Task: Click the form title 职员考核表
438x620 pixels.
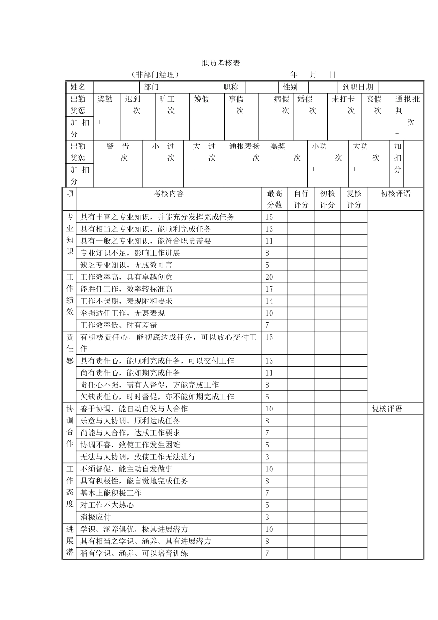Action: pos(221,63)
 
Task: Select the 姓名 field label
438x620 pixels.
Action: pos(78,87)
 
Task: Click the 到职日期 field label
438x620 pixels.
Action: pos(358,87)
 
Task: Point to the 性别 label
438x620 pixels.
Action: pos(290,87)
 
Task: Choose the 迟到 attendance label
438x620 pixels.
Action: pos(133,99)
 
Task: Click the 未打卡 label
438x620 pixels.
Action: pos(343,99)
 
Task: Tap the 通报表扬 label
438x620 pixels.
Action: pos(244,146)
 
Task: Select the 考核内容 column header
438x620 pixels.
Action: pos(169,194)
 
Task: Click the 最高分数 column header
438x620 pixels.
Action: pos(275,199)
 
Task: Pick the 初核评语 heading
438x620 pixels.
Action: pos(395,194)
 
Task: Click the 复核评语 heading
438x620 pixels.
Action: pos(387,409)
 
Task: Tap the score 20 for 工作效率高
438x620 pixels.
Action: pos(269,277)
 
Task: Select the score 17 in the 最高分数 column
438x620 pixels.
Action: pos(269,289)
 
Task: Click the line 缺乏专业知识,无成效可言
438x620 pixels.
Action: pos(126,265)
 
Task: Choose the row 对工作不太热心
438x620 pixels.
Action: pos(107,505)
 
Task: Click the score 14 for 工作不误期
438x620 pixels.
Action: pos(269,301)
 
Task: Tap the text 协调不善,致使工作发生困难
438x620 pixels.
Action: pos(130,445)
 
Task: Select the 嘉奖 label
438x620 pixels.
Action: pos(278,146)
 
